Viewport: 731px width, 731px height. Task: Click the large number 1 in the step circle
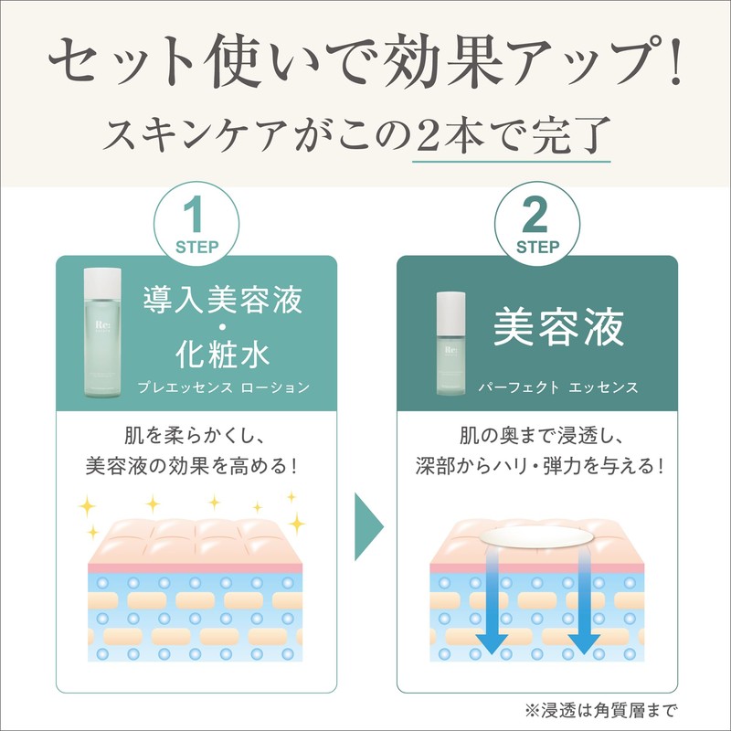pos(196,217)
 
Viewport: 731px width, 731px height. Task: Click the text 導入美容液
pos(223,299)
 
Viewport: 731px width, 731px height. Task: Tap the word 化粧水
pos(223,352)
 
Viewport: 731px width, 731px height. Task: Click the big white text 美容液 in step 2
pos(559,326)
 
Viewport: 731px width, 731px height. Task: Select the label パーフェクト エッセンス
pos(558,387)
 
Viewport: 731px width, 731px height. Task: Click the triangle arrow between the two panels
pos(367,530)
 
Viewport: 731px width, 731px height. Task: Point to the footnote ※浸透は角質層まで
pos(602,709)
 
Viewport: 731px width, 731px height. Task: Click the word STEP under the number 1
pos(196,246)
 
